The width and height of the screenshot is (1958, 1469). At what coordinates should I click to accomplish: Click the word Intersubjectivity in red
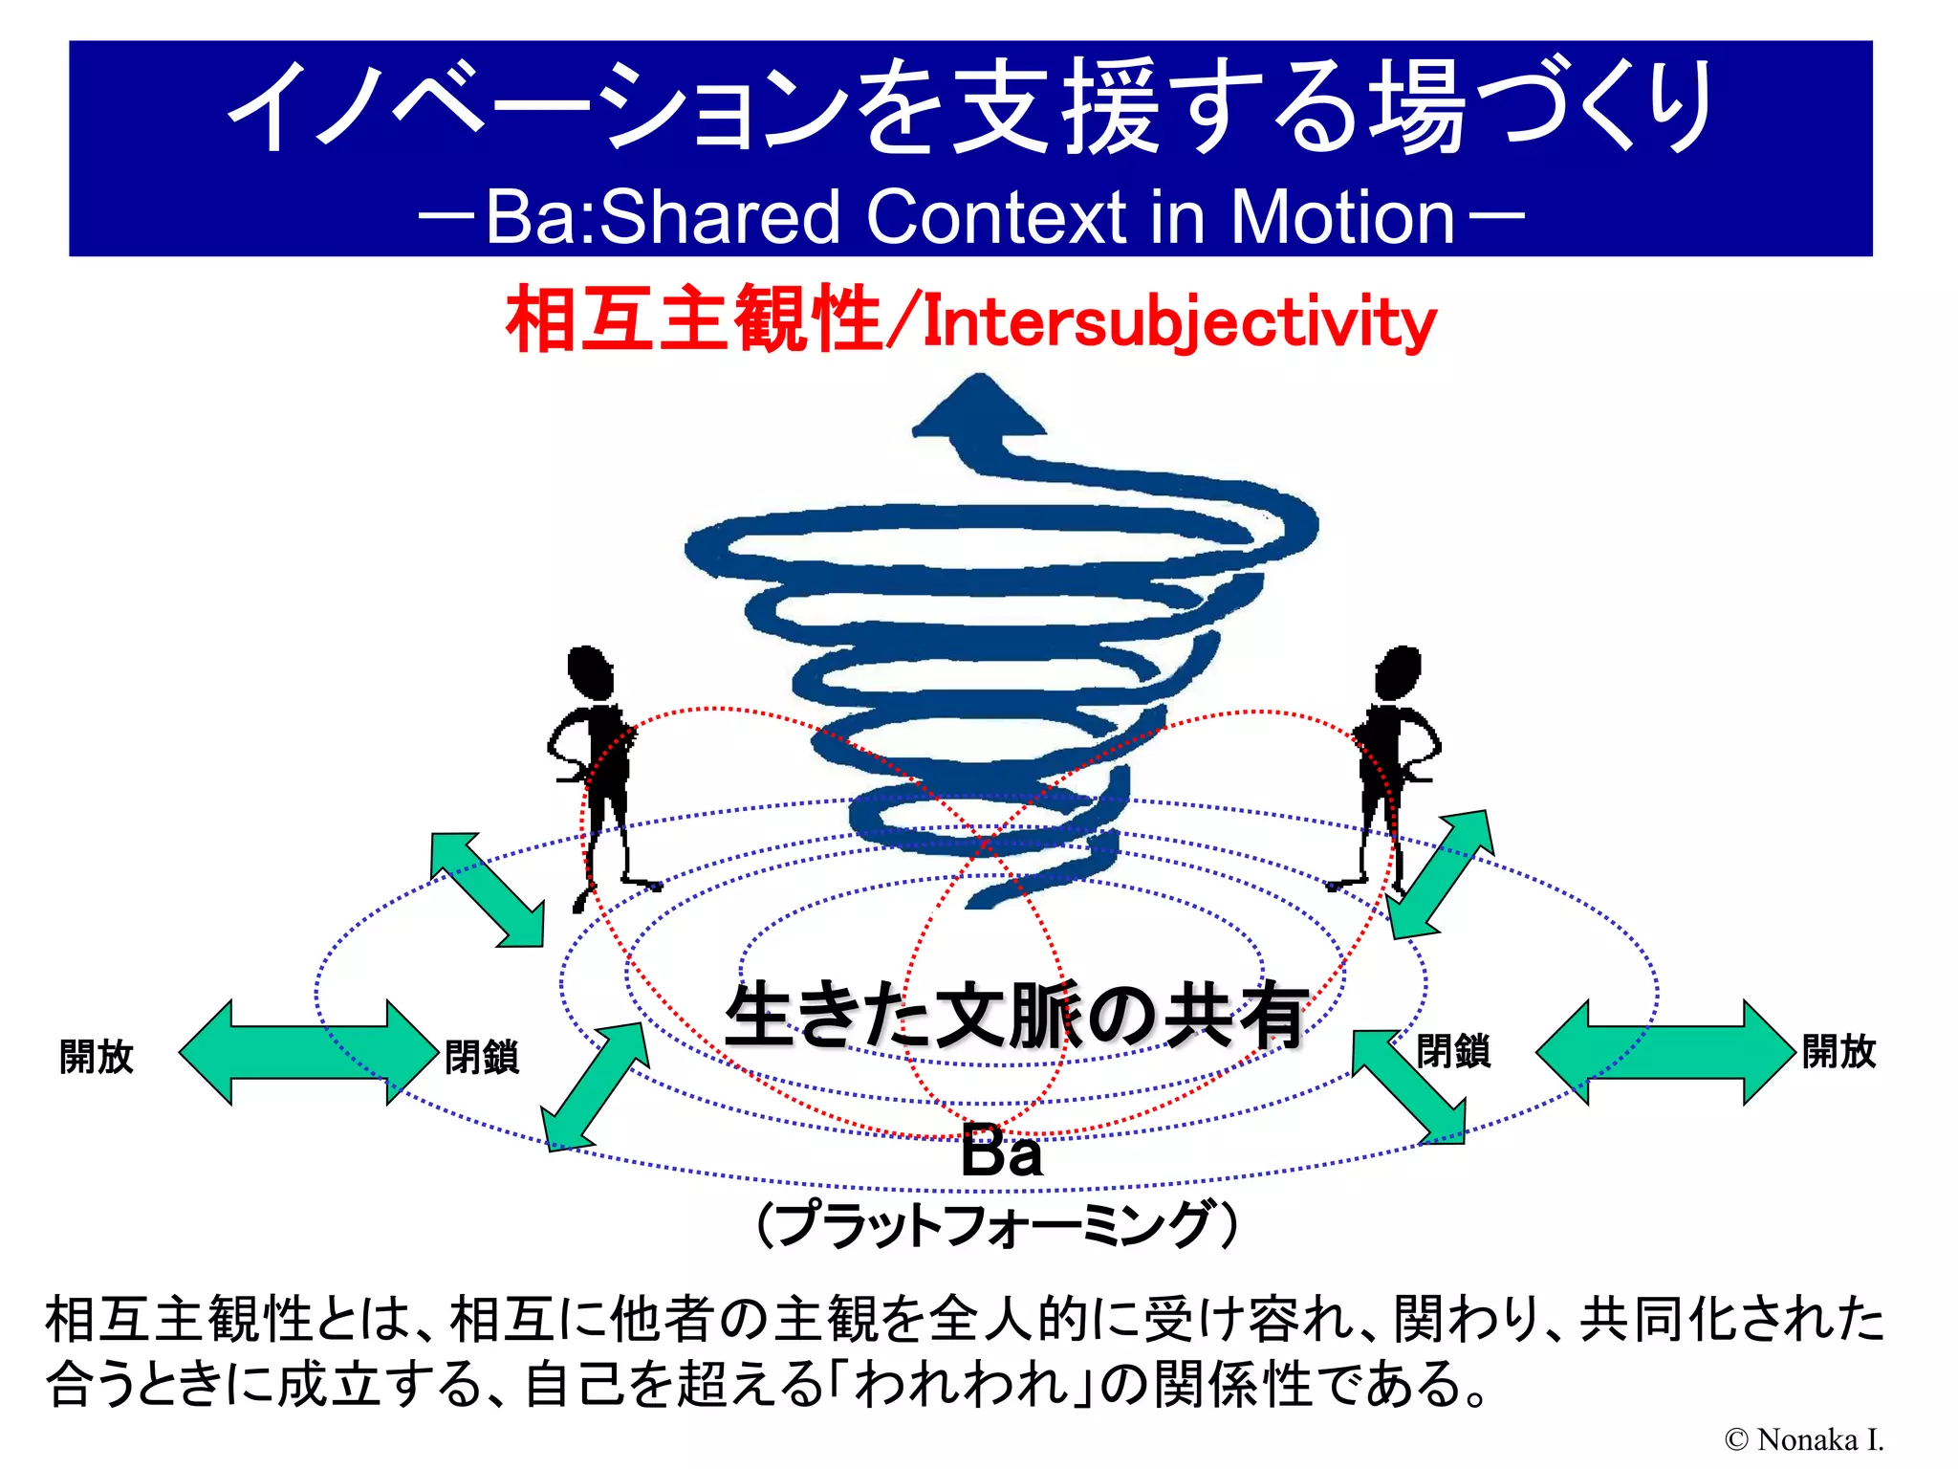(x=1179, y=322)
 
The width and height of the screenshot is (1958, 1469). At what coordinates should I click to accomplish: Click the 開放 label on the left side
(x=96, y=1056)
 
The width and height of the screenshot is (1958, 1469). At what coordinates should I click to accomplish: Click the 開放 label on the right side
(x=1838, y=1051)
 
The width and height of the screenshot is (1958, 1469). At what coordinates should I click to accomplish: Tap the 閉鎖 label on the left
(x=481, y=1057)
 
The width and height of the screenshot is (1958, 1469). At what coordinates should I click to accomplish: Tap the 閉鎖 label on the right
(x=1452, y=1051)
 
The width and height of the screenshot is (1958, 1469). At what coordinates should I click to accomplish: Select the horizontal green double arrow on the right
(x=1664, y=1052)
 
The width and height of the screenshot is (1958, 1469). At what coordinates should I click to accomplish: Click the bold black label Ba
(x=1001, y=1151)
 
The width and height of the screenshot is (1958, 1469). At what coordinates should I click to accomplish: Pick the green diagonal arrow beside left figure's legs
(x=488, y=889)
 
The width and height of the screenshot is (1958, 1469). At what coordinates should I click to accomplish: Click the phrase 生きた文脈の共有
(x=1015, y=1016)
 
